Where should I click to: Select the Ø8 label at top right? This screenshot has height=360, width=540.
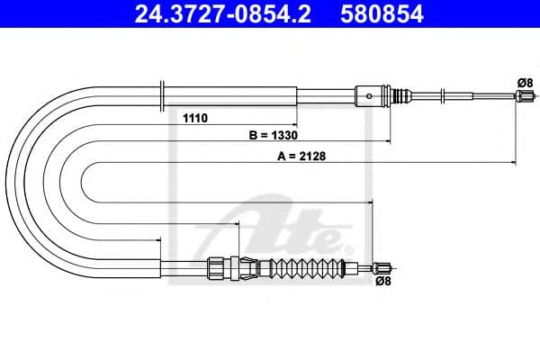524,83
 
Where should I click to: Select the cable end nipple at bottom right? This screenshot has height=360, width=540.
382,266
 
